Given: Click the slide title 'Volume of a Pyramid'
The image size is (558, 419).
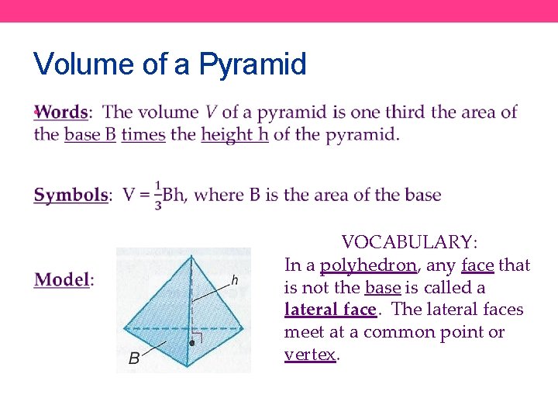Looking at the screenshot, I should click(x=170, y=64).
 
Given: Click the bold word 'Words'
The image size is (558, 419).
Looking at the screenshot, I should click(x=62, y=112).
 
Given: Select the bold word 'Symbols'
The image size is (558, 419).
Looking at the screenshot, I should click(x=71, y=195).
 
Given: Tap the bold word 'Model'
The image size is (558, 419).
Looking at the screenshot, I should click(x=62, y=279).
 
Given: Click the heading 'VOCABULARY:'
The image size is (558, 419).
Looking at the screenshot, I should click(x=410, y=242).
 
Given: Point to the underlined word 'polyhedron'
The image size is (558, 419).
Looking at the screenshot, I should click(x=368, y=265).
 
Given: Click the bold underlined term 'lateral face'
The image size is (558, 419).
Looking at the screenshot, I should click(x=330, y=310).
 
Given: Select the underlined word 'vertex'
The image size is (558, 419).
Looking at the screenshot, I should click(x=310, y=355).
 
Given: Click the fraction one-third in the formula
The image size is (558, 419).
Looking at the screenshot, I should click(x=158, y=195).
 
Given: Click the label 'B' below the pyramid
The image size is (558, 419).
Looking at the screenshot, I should click(x=134, y=358).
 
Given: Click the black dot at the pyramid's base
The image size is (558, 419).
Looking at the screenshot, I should click(x=191, y=342).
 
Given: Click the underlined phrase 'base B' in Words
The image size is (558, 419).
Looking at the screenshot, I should click(x=90, y=134).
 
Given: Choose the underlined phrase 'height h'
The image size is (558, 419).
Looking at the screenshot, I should click(x=235, y=134).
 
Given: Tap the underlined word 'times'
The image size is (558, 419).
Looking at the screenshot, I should click(x=143, y=134).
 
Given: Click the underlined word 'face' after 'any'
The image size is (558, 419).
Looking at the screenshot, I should click(x=477, y=265).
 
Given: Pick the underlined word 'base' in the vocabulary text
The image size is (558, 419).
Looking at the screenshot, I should click(x=383, y=288).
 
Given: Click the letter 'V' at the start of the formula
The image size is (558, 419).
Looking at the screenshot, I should click(x=129, y=195).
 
